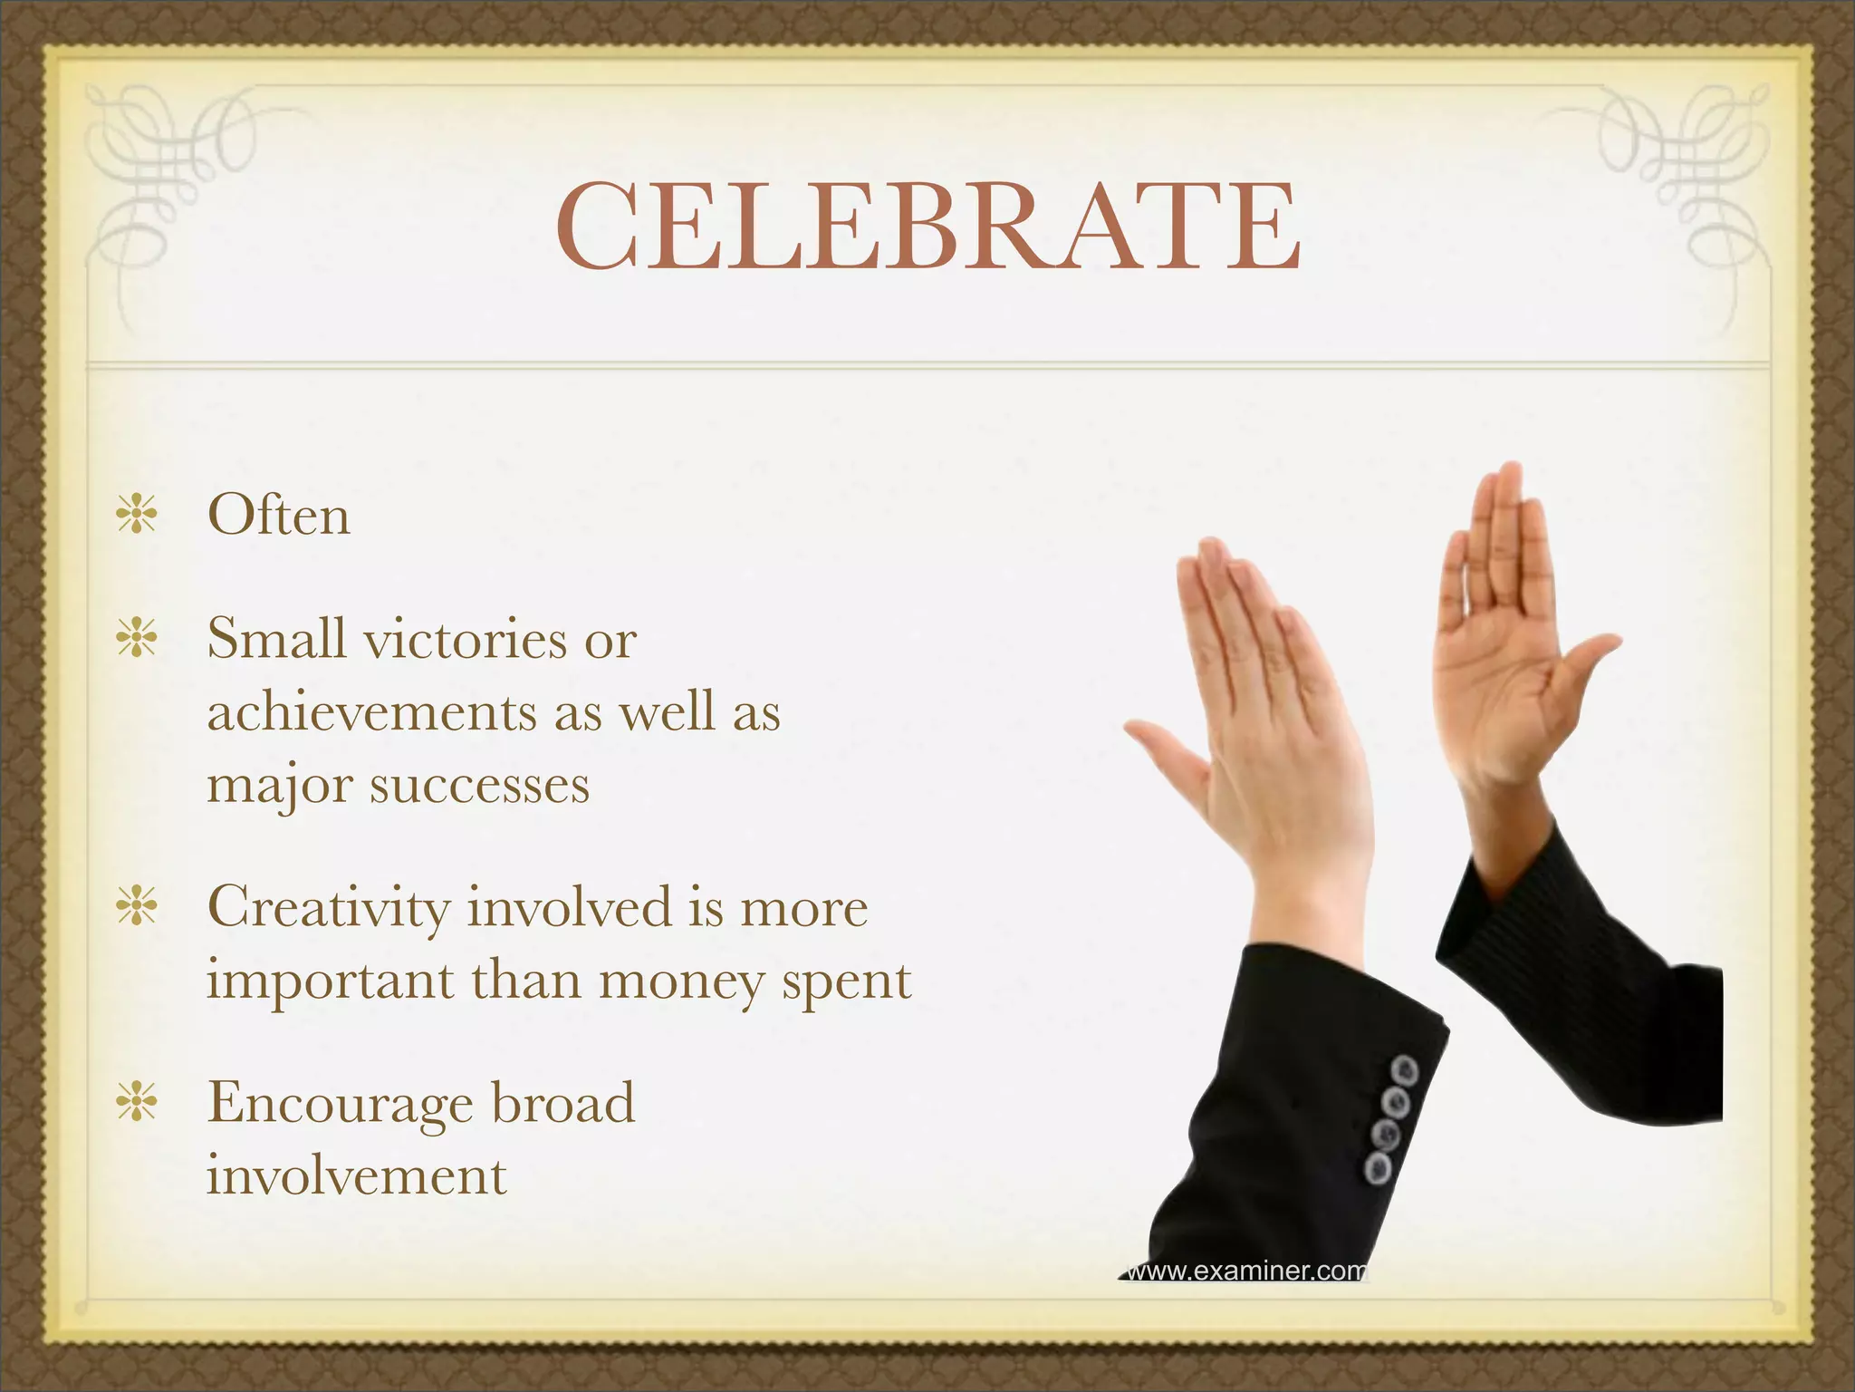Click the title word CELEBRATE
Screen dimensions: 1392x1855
click(x=927, y=227)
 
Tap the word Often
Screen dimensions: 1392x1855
click(x=279, y=516)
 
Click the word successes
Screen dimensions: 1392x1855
click(x=479, y=785)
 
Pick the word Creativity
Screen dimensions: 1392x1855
click(x=328, y=907)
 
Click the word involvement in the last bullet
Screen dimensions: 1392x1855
click(x=356, y=1176)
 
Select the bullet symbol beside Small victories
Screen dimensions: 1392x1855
click(x=137, y=637)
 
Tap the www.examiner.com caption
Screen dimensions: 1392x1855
click(x=1245, y=1271)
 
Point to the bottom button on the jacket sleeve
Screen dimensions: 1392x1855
click(x=1379, y=1168)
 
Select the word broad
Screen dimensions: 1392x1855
click(x=562, y=1103)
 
